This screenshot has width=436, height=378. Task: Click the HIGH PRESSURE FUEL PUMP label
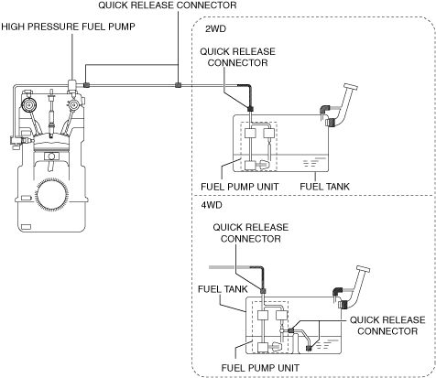click(68, 27)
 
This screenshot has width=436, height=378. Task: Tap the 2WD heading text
click(215, 28)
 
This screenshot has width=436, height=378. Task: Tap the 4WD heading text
click(212, 205)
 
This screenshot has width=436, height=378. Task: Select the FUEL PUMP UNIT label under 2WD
click(240, 187)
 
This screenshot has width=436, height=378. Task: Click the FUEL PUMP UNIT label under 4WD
click(260, 368)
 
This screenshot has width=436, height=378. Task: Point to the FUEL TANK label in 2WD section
click(324, 187)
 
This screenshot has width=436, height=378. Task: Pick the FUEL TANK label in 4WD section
click(223, 289)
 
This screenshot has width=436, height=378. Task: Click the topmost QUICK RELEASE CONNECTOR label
click(168, 5)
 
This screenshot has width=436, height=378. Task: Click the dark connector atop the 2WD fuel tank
click(250, 109)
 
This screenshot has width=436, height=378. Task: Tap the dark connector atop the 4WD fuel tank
click(263, 291)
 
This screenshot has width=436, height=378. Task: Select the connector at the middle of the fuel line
click(178, 85)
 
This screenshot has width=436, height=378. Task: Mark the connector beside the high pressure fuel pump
click(86, 85)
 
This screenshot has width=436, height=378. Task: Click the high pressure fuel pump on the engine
click(72, 86)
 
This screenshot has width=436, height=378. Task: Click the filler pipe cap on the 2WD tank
click(351, 87)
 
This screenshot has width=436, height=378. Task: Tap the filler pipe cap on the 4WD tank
click(363, 269)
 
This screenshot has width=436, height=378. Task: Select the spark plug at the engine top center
click(51, 113)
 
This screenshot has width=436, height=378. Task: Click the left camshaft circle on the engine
click(28, 105)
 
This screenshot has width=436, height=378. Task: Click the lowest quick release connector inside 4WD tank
click(309, 349)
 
